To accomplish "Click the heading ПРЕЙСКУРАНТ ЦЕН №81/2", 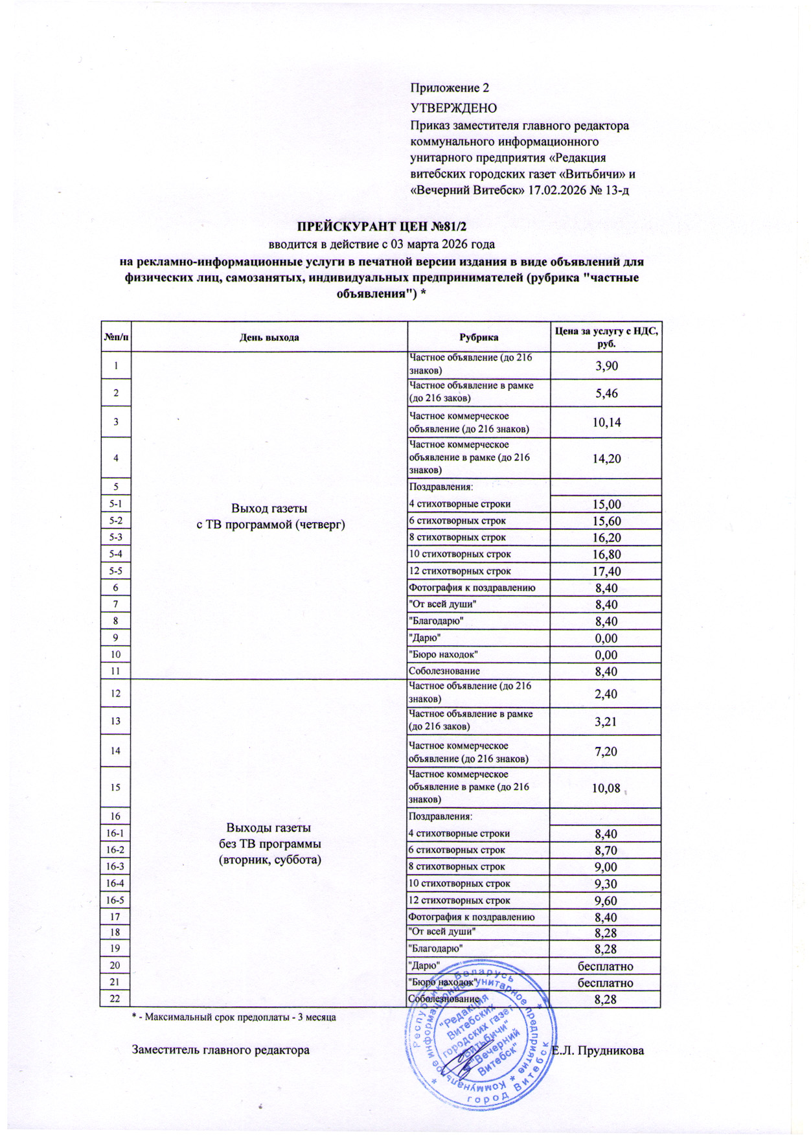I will click(x=382, y=227).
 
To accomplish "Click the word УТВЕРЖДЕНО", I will click(x=453, y=108).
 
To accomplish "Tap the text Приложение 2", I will click(x=450, y=88).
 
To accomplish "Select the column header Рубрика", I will click(x=479, y=338).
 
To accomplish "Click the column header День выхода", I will click(x=269, y=338).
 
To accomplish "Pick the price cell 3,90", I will click(x=606, y=366).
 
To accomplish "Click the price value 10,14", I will click(x=606, y=422).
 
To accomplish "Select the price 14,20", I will click(x=606, y=459).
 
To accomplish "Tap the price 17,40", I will click(x=606, y=571).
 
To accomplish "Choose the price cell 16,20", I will click(x=606, y=538).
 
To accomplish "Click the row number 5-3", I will click(x=116, y=537).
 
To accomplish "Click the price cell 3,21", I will click(x=606, y=721).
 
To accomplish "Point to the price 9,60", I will click(x=606, y=901).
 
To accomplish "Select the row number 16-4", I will click(x=115, y=884).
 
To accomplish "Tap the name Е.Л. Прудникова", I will click(x=598, y=1050).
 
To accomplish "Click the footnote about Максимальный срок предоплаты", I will click(x=234, y=1017).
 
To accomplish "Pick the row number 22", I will click(x=115, y=998).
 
